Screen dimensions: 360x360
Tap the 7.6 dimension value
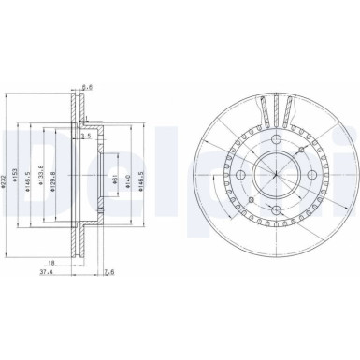109,273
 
